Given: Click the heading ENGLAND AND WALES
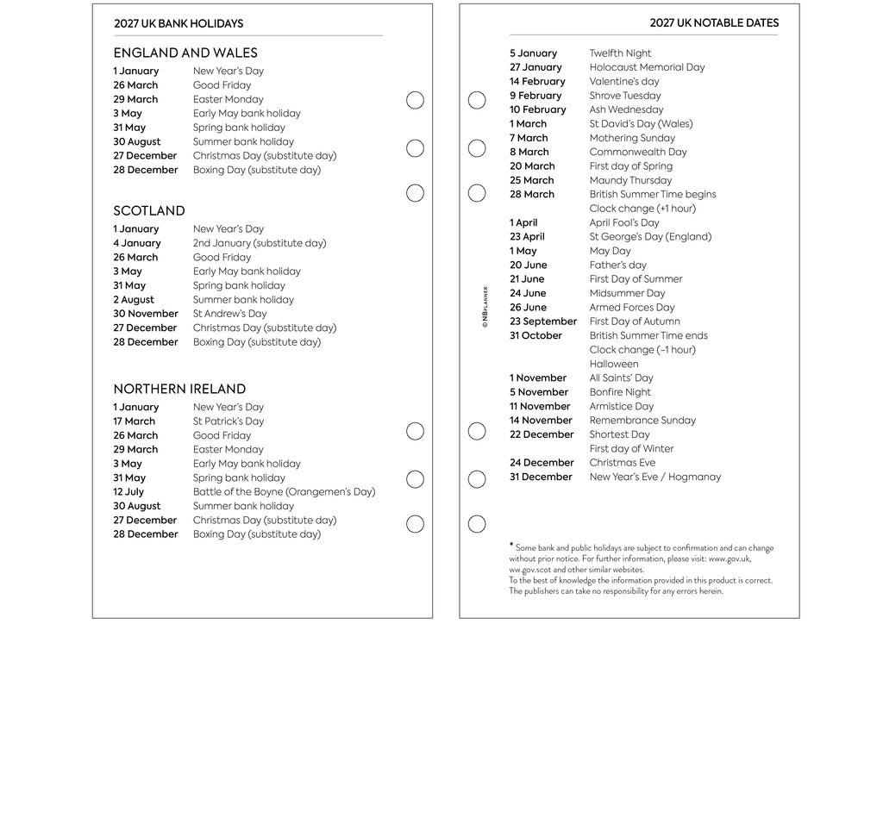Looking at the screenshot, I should pos(185,53).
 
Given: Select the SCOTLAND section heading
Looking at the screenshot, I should pos(149,211).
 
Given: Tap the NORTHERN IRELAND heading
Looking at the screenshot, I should pos(179,389).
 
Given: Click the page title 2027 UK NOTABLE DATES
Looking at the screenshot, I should pos(714,23).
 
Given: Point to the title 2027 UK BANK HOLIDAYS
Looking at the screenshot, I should pos(178,24).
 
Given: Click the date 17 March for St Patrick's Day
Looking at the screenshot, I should pos(135,421).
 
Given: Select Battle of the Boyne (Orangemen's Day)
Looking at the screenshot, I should pos(284,492).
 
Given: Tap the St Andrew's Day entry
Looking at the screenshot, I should pos(229,314).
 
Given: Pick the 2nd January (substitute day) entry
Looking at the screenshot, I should pos(260,243).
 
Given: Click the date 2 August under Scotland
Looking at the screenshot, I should pos(134,300).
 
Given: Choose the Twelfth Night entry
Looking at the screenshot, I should pos(620,53).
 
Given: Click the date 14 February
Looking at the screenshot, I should pos(537,82).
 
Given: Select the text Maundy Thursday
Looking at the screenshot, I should pos(630,180).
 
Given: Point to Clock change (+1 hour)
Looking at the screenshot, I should pos(642,209).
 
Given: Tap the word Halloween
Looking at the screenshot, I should pos(614,364).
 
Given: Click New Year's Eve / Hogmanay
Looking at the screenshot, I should pos(655,477).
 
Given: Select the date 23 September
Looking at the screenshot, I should pos(543,321).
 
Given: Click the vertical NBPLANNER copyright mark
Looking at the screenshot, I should pos(485,307).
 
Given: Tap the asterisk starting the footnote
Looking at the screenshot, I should pos(511,545).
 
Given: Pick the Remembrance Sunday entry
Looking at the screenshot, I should pos(642,421).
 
